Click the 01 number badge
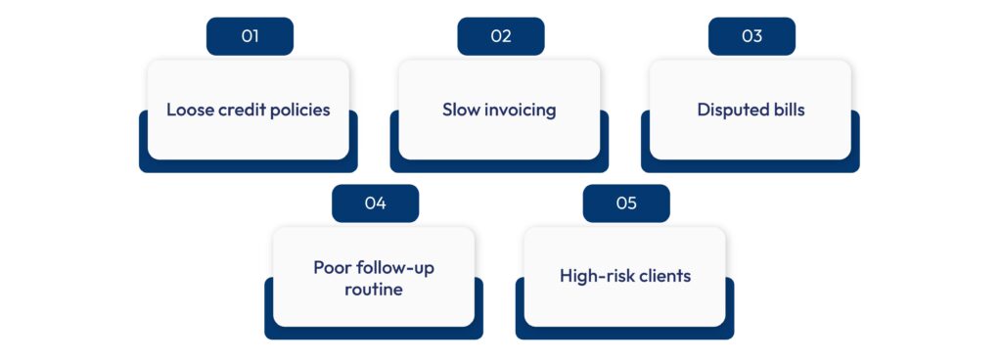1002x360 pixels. tap(250, 37)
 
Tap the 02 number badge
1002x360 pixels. tap(501, 37)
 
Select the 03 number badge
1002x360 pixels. tap(751, 37)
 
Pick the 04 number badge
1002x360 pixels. tap(375, 203)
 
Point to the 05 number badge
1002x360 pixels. tap(626, 203)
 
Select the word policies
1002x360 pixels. tap(299, 110)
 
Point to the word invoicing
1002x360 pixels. tap(523, 110)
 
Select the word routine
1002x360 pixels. tap(374, 290)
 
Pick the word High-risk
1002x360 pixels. tap(590, 276)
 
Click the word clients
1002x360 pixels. tap(659, 276)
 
